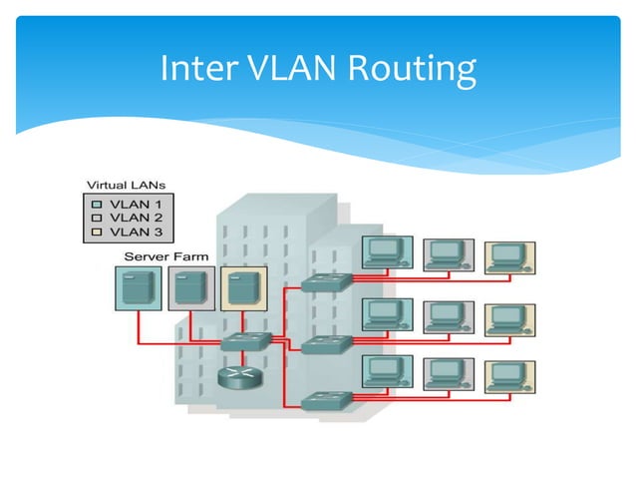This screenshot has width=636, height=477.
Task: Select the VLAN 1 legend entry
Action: tap(131, 203)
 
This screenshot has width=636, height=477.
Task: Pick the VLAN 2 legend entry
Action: tap(131, 217)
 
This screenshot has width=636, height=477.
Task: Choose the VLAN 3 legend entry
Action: tap(131, 231)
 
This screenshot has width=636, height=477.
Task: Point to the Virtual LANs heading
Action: tap(127, 186)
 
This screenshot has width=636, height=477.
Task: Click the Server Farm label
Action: tap(165, 256)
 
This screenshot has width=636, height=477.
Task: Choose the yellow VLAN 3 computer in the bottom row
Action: tap(508, 375)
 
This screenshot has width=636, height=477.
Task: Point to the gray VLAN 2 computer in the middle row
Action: tap(446, 316)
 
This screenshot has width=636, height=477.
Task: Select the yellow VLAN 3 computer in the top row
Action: tap(508, 257)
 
